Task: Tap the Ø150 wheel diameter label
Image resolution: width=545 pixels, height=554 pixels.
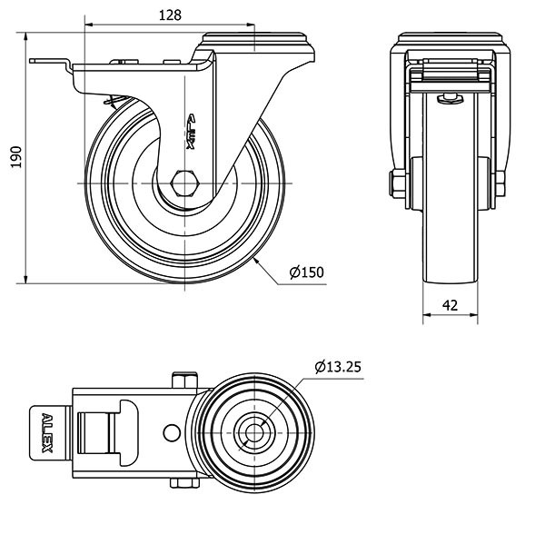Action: (x=306, y=272)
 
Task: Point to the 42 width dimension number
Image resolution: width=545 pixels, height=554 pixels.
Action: (x=450, y=306)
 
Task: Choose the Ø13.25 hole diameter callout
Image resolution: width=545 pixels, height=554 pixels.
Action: (x=339, y=367)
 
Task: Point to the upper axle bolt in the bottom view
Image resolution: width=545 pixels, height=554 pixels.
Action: (x=185, y=378)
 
